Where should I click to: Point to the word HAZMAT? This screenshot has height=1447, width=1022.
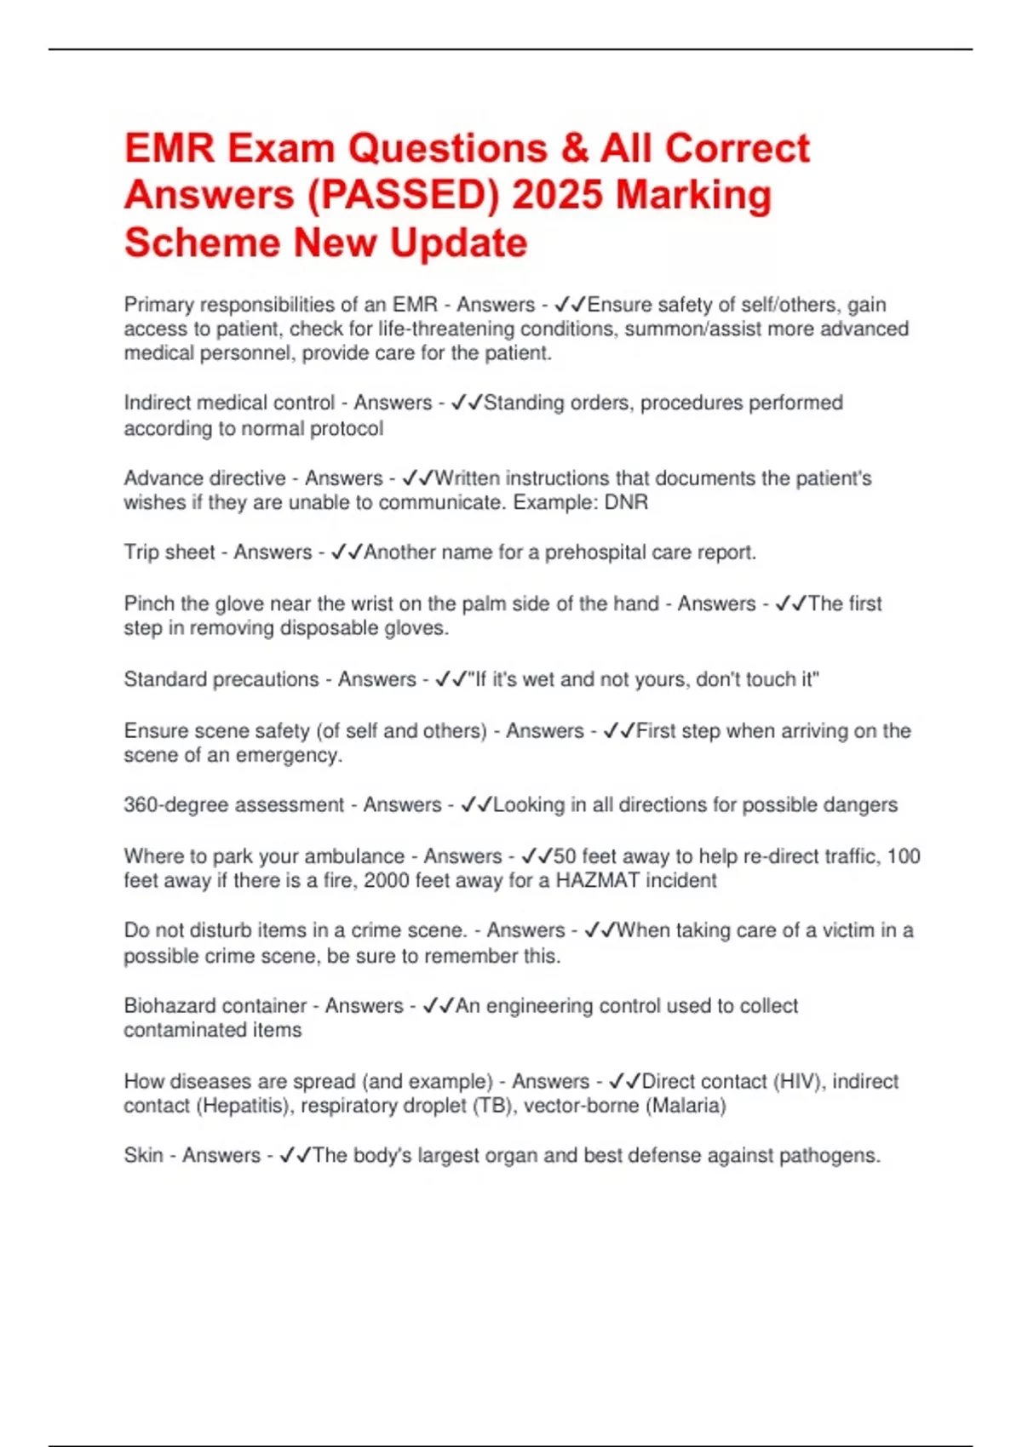pyautogui.click(x=597, y=880)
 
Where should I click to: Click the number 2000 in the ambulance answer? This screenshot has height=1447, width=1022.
pyautogui.click(x=386, y=880)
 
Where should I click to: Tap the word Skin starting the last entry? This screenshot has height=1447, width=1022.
pyautogui.click(x=143, y=1155)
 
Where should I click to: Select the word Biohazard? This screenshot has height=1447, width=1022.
pyautogui.click(x=168, y=1005)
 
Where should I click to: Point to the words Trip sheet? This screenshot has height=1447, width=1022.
pyautogui.click(x=169, y=552)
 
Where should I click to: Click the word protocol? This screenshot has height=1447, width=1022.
pyautogui.click(x=347, y=428)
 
